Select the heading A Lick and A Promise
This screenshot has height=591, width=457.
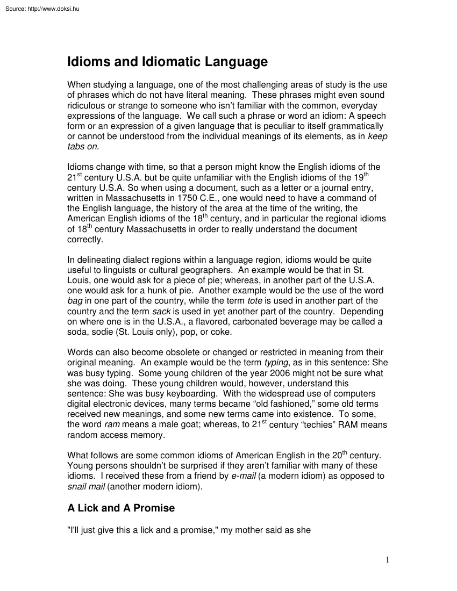[121, 508]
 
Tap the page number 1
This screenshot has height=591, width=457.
[387, 560]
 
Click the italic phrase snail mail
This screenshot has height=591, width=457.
[86, 487]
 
